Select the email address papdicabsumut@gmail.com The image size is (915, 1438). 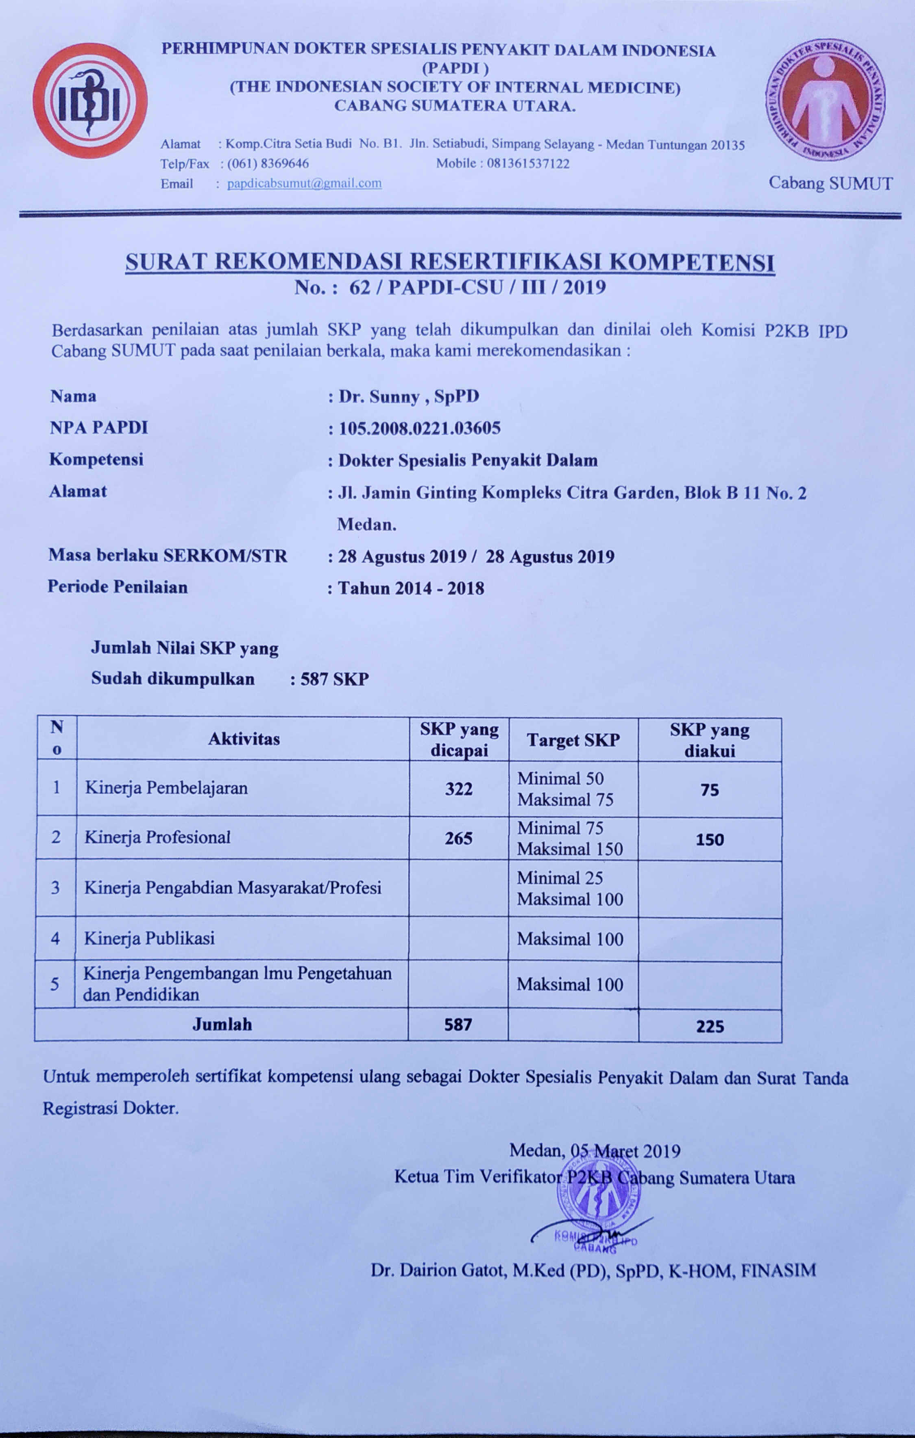(x=304, y=183)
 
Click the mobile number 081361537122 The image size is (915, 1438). (x=528, y=163)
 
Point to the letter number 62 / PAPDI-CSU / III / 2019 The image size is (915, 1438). (x=450, y=288)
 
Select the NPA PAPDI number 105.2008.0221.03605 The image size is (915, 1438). (x=419, y=428)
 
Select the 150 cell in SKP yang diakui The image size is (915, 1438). (x=710, y=840)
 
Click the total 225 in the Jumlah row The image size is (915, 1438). (x=710, y=1026)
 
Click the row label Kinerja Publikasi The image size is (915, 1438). (x=149, y=938)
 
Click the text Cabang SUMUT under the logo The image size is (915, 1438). (x=830, y=183)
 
